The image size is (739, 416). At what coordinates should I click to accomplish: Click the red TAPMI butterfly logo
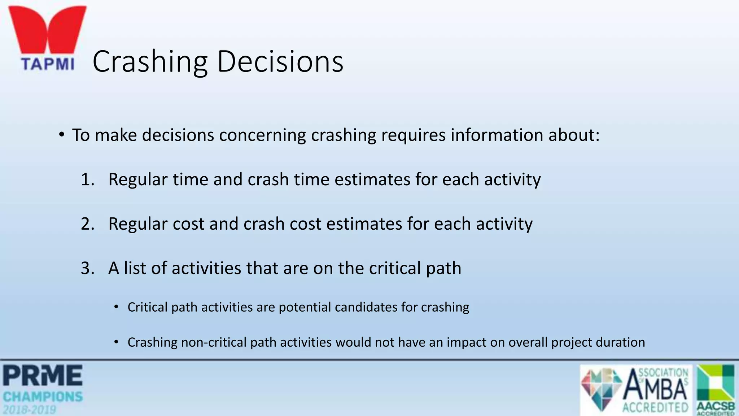pos(47,31)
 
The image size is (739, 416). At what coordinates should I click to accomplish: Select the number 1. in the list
pos(88,179)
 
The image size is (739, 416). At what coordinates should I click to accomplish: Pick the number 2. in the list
pos(88,224)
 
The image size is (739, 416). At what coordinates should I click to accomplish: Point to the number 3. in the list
pos(88,268)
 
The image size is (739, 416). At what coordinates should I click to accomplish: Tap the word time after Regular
pos(191,179)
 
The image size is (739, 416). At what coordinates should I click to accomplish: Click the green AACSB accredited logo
pos(716,389)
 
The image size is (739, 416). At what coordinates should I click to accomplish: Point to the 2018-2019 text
pos(30,410)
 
